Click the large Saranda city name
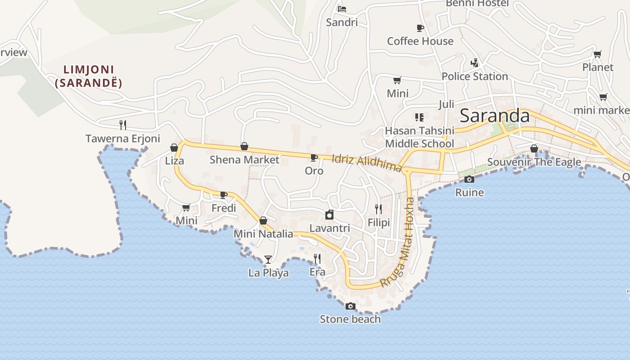(495, 116)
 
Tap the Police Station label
(475, 76)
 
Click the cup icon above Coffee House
(420, 28)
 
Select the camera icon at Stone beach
(350, 306)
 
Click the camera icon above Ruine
(469, 180)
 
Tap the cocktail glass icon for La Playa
(268, 259)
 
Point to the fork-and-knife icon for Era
(317, 258)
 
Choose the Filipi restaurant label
(378, 223)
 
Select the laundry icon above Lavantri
(329, 215)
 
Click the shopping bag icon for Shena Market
(244, 146)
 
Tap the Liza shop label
(175, 161)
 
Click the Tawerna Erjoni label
(123, 139)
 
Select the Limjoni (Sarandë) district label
(89, 76)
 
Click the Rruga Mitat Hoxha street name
(397, 243)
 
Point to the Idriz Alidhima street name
(366, 163)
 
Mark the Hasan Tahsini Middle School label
(419, 137)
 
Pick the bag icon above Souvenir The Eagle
(534, 148)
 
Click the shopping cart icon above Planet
(597, 54)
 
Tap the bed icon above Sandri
(342, 9)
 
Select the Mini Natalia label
(263, 234)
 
